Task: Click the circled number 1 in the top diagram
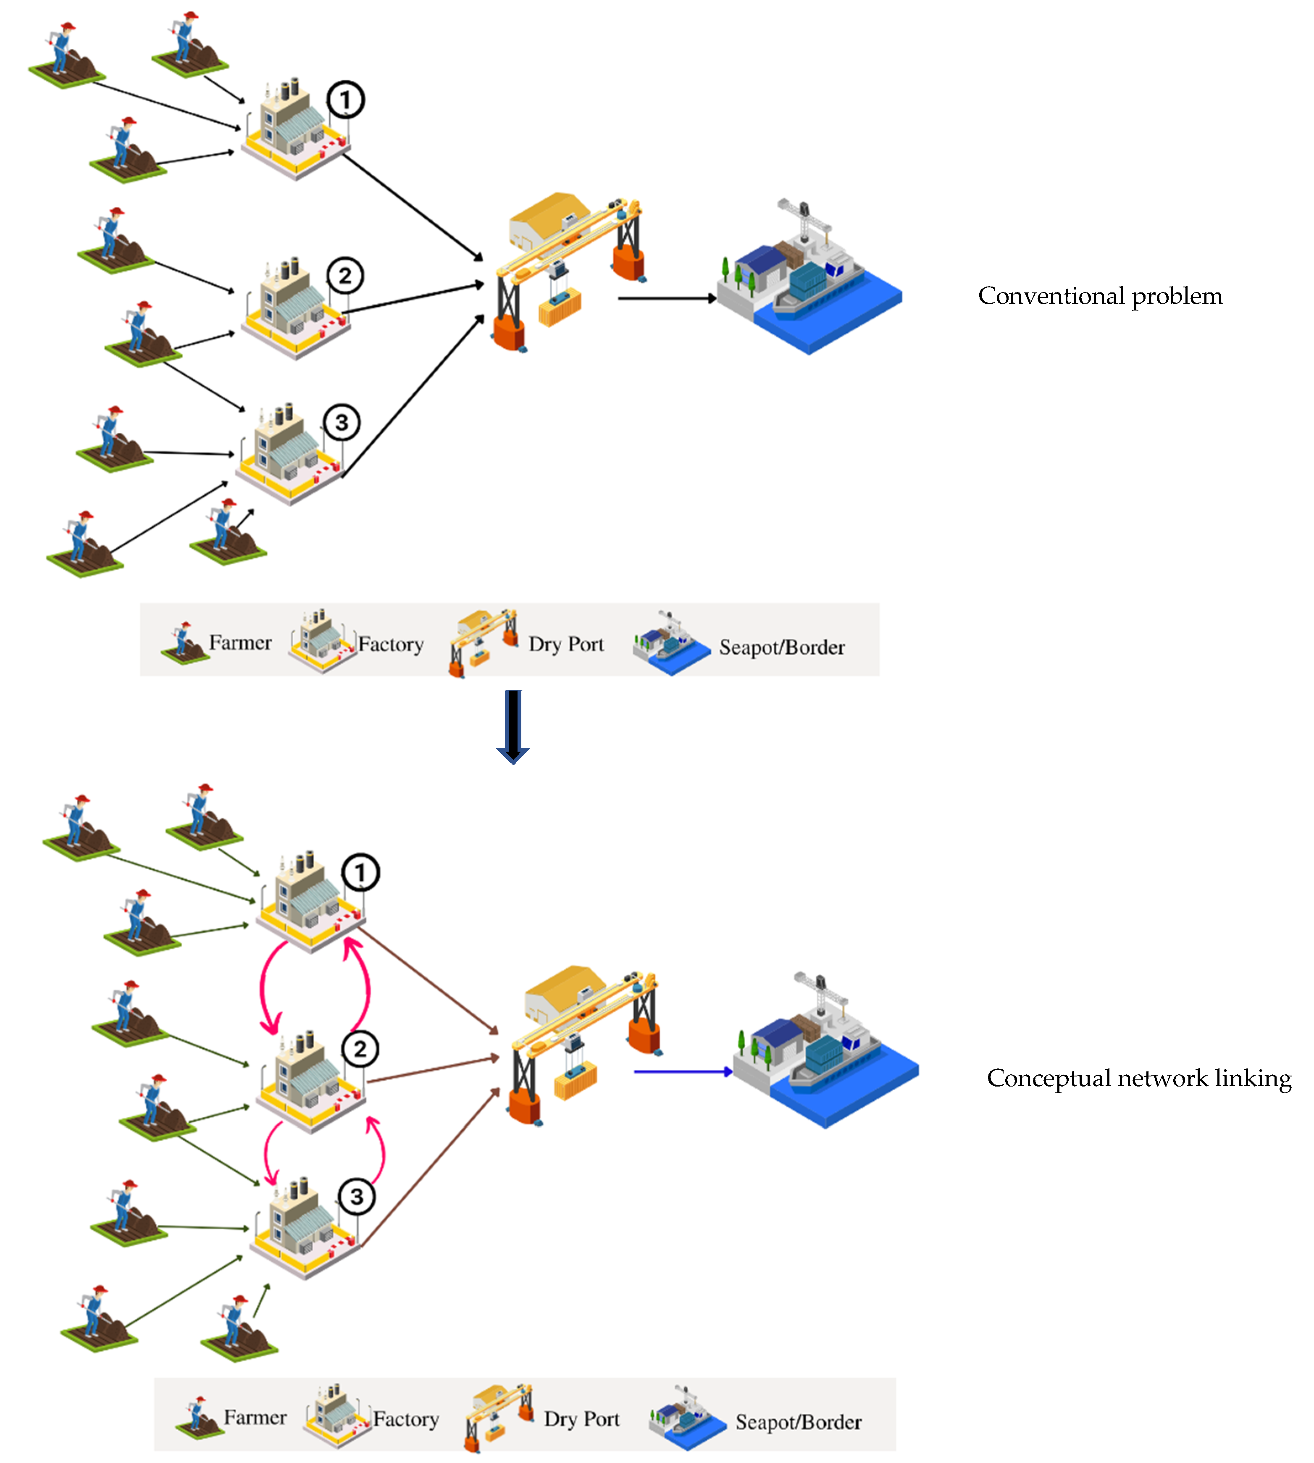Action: (x=345, y=100)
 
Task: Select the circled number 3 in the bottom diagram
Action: (x=357, y=1197)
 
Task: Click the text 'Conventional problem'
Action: (x=1100, y=296)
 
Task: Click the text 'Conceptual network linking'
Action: (x=1138, y=1078)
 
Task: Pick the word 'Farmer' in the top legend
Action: (x=240, y=643)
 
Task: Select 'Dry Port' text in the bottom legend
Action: (x=581, y=1419)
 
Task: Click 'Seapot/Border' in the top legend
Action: (x=781, y=647)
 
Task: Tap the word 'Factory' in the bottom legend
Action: (x=406, y=1419)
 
